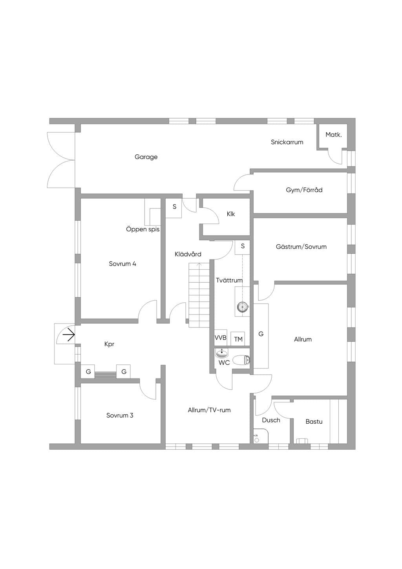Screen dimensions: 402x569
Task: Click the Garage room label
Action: point(146,157)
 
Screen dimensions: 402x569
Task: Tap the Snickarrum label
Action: point(287,142)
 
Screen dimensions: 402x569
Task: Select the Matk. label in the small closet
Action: point(334,135)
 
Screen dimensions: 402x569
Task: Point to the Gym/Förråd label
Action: point(304,190)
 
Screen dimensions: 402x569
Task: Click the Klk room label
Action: point(231,214)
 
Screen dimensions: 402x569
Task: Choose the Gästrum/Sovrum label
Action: point(301,247)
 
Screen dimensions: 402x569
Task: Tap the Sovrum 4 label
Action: point(122,263)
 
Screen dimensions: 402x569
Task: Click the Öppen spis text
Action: point(143,229)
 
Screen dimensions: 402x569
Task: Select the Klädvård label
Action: point(188,254)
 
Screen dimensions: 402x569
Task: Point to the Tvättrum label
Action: point(229,280)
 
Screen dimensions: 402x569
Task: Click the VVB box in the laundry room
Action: point(220,338)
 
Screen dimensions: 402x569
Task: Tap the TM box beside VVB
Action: point(238,338)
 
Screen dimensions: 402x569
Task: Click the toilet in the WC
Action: point(241,360)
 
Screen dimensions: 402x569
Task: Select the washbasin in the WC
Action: point(222,353)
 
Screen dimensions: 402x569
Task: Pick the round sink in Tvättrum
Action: point(242,307)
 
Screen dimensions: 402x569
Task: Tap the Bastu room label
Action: point(314,422)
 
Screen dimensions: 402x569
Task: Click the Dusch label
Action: point(271,420)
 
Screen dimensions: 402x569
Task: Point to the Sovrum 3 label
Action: point(120,415)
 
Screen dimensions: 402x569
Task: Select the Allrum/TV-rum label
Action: point(209,410)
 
